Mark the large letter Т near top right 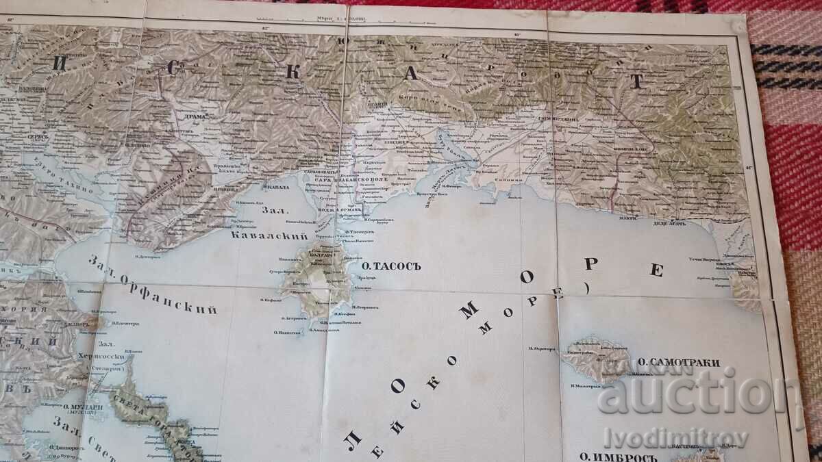tap(636, 81)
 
